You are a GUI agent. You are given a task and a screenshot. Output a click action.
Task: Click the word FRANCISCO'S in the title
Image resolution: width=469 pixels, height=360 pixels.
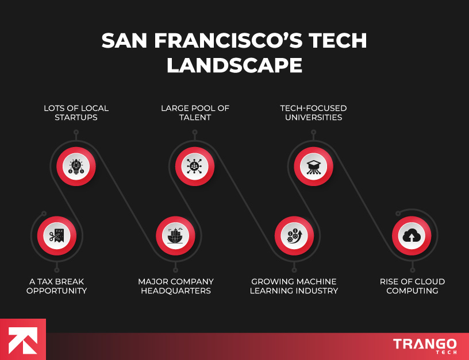pyautogui.click(x=227, y=41)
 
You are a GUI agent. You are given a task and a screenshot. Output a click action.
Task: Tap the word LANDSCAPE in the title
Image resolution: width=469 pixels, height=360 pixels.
pyautogui.click(x=234, y=65)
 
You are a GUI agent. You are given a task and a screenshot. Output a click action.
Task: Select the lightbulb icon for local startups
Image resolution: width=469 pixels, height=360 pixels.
pyautogui.click(x=76, y=167)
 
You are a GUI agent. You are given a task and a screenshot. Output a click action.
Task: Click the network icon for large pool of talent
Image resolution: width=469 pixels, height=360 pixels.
pyautogui.click(x=195, y=167)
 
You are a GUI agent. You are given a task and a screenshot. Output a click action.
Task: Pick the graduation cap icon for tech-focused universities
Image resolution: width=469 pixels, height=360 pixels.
pyautogui.click(x=313, y=167)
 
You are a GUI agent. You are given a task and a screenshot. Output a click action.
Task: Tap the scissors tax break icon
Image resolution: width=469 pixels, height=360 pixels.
pyautogui.click(x=56, y=235)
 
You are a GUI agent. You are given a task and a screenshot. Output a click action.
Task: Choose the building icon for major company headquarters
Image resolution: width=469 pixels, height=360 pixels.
pyautogui.click(x=175, y=235)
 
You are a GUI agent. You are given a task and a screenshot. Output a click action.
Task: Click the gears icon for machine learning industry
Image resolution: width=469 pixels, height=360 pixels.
pyautogui.click(x=294, y=235)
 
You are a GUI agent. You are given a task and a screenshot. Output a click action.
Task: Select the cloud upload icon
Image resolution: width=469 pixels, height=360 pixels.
pyautogui.click(x=412, y=235)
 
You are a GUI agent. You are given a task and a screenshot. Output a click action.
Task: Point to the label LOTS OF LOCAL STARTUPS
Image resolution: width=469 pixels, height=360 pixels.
pyautogui.click(x=76, y=113)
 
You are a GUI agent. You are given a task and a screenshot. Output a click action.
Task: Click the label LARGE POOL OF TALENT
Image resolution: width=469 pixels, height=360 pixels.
pyautogui.click(x=194, y=113)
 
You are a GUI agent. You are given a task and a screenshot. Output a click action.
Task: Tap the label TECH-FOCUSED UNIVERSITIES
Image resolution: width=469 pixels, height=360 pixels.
pyautogui.click(x=313, y=113)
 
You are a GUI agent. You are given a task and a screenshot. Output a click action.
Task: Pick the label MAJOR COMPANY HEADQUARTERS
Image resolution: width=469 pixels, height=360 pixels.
pyautogui.click(x=176, y=286)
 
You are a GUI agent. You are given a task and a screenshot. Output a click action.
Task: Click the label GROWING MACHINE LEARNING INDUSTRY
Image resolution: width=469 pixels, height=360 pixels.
pyautogui.click(x=294, y=286)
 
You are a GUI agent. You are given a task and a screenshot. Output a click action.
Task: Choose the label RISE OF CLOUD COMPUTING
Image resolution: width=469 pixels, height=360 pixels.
pyautogui.click(x=412, y=286)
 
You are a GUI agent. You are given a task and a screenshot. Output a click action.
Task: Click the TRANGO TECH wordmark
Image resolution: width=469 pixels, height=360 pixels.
pyautogui.click(x=425, y=346)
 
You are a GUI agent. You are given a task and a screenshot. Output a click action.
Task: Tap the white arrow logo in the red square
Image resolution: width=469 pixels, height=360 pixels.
pyautogui.click(x=22, y=339)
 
